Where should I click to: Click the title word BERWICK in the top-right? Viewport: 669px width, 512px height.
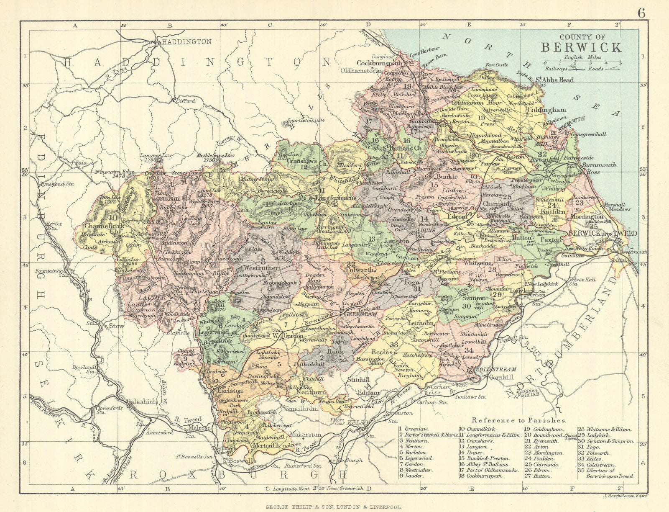(x=582, y=47)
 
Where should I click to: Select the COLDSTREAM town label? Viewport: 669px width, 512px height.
(x=495, y=370)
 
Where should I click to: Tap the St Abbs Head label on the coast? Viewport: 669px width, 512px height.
(x=554, y=80)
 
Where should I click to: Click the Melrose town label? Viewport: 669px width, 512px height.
(x=199, y=428)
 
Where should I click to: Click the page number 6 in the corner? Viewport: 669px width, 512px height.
(x=641, y=13)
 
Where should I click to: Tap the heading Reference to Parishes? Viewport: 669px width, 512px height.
(x=518, y=420)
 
